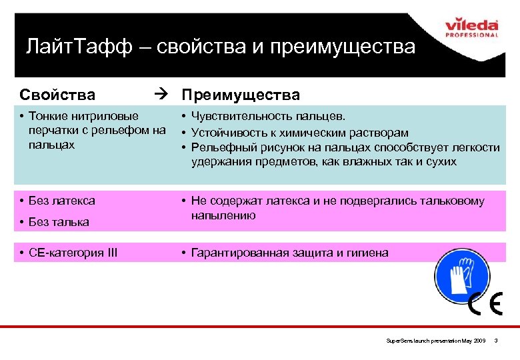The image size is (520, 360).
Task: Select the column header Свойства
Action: coord(57,95)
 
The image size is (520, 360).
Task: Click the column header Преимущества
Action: coord(241,95)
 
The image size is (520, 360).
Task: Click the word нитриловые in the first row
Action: coord(107,116)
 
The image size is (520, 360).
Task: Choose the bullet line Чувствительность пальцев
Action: coord(268,116)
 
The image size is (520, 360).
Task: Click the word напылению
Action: coord(223,215)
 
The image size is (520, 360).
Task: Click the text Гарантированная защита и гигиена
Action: coord(289,253)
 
